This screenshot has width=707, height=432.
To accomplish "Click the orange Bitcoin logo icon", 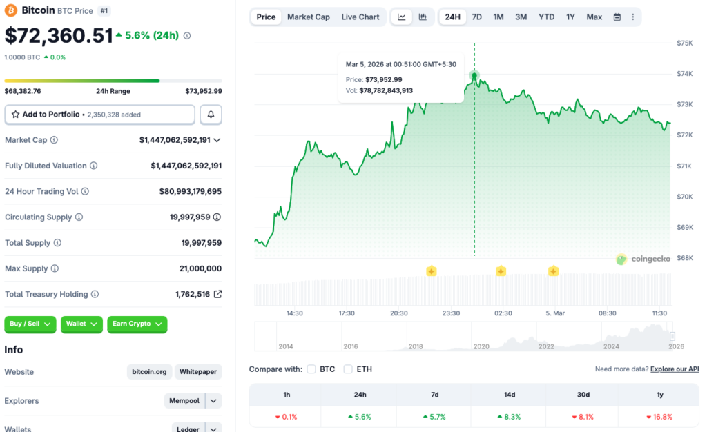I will pos(11,10).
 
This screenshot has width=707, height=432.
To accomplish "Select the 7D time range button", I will pos(476,17).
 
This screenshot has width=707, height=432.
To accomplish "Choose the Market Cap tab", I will pos(308,17).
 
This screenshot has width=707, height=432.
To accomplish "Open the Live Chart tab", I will pos(360,17).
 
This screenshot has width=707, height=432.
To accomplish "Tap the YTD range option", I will pos(546,17).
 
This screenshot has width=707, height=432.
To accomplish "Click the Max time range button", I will pos(594,17).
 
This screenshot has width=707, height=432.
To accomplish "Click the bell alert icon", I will pos(211,114).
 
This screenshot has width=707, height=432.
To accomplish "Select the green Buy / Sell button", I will pos(30,324).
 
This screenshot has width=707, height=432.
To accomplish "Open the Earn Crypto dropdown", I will pos(137,324).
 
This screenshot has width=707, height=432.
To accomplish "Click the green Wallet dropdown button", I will pos(81,324).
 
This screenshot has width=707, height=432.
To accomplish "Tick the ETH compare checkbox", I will pos(348,369).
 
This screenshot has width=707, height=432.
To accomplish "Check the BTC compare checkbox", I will pos(311,369).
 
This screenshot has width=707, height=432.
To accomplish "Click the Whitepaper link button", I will pos(198,372).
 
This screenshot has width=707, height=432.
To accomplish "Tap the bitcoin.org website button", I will pos(150,372).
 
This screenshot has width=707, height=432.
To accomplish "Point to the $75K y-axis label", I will pos(684,43).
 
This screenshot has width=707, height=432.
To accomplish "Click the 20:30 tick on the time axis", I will pos(399,313).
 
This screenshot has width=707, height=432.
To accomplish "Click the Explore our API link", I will pos(674,369).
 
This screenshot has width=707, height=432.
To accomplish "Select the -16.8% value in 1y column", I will pos(659,417).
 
